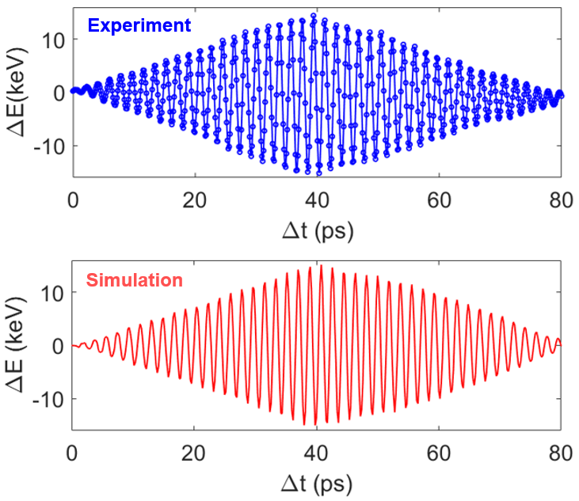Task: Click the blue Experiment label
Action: [139, 25]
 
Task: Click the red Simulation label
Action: [134, 280]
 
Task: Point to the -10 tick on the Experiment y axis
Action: [50, 146]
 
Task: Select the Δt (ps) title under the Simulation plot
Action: [318, 483]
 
